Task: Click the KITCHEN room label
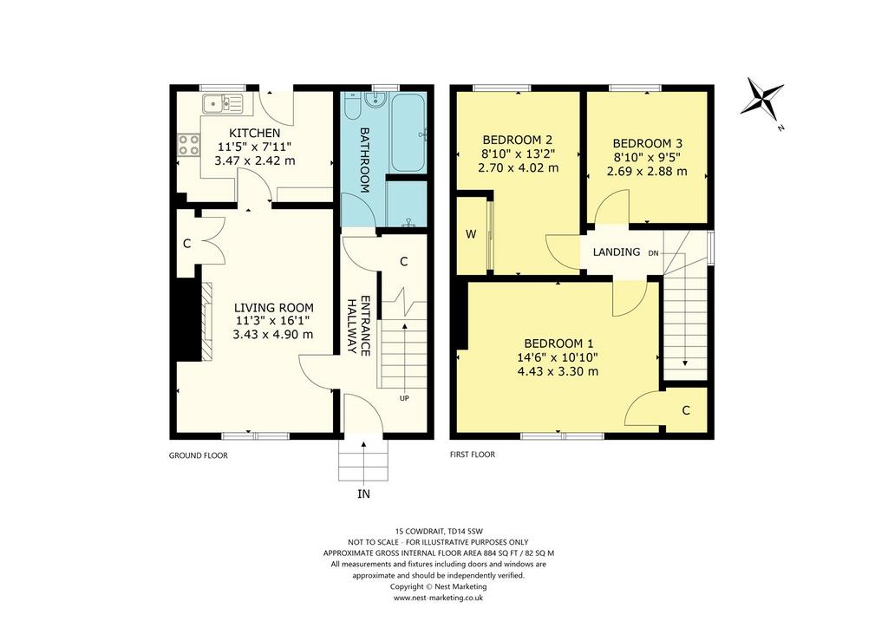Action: pos(254,133)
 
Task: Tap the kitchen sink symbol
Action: pos(223,103)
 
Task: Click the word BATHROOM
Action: pos(365,160)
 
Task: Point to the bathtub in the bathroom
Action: pos(408,133)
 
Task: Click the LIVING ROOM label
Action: pos(274,308)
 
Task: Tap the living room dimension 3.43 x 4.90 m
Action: pos(273,335)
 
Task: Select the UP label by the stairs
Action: pos(404,398)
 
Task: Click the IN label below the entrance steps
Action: pos(363,494)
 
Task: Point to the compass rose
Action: pos(762,99)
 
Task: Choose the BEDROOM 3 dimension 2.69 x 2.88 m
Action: pos(647,171)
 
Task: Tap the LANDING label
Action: pos(617,252)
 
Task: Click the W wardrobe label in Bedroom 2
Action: pos(471,234)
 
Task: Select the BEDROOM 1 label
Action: pos(558,343)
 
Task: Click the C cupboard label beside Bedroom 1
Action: pos(686,410)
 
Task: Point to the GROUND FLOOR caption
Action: pos(199,455)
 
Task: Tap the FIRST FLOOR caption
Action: pos(473,455)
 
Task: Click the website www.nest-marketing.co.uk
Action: pos(438,598)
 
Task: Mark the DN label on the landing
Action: pos(654,253)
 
